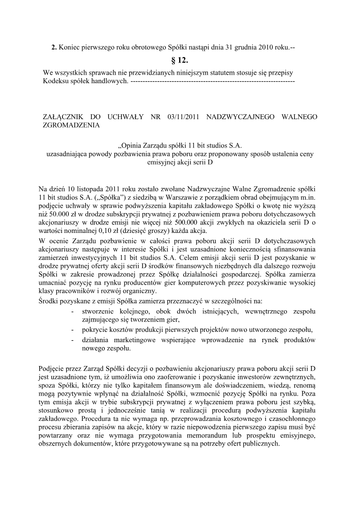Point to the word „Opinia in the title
click(x=131, y=145)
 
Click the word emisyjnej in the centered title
click(x=161, y=162)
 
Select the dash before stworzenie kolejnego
click(x=73, y=311)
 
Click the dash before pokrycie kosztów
click(x=73, y=329)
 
